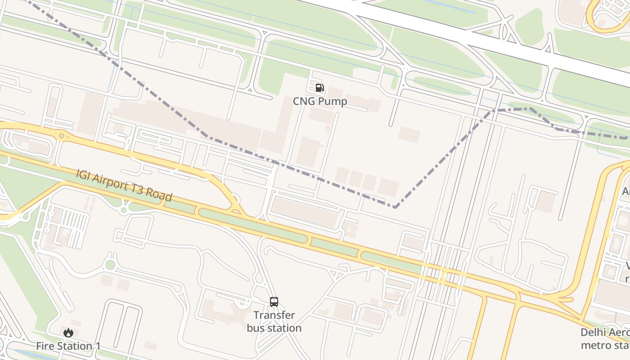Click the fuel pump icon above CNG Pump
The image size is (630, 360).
[319, 88]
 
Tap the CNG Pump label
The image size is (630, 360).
[320, 101]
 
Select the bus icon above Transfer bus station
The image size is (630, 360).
[274, 301]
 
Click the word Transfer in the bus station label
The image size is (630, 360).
[274, 315]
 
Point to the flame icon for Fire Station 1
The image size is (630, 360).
[68, 333]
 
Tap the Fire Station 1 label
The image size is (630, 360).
[68, 346]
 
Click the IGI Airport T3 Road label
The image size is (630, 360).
[124, 185]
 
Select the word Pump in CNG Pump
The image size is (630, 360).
[333, 101]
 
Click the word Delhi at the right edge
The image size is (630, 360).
[593, 333]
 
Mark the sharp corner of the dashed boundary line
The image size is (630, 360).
[395, 207]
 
